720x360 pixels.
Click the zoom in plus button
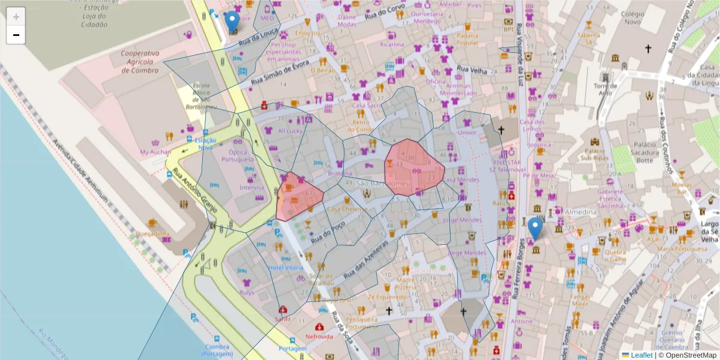click(16, 16)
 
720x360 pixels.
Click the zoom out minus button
click(16, 35)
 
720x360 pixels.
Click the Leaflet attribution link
click(641, 355)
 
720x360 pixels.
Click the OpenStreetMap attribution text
click(687, 355)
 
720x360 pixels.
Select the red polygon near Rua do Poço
click(296, 197)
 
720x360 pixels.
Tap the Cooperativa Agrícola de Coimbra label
click(139, 62)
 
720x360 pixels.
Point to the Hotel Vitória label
click(286, 268)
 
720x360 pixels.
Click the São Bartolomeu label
click(382, 182)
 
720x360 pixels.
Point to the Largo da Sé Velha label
click(709, 231)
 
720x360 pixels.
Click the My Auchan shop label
click(155, 152)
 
